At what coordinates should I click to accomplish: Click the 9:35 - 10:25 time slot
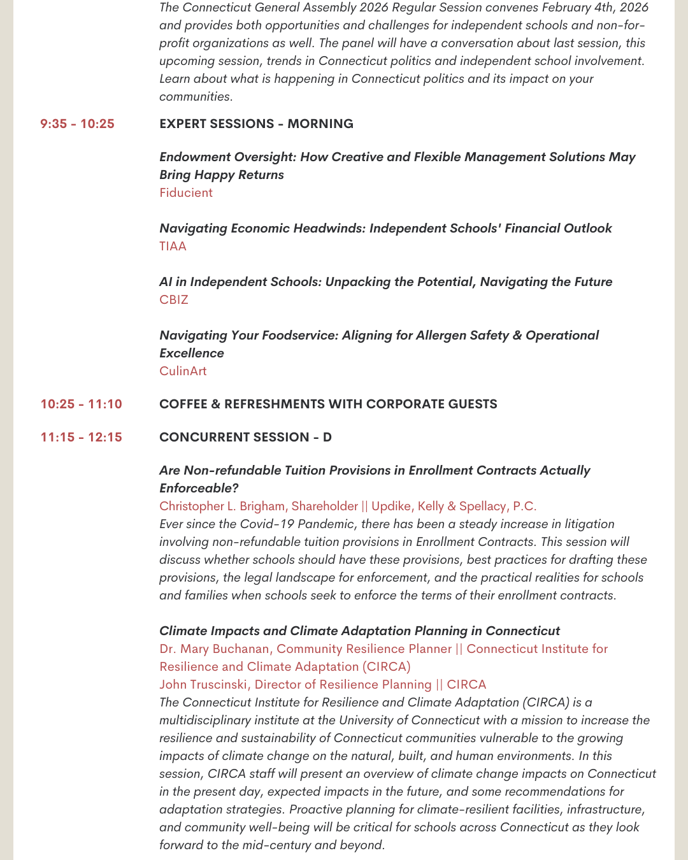click(77, 124)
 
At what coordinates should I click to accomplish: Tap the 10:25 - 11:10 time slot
click(81, 404)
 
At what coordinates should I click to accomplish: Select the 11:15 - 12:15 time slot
click(81, 437)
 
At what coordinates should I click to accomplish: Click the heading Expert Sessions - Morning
click(256, 124)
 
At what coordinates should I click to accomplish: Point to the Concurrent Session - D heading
click(245, 437)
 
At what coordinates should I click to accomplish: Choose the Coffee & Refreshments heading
click(328, 404)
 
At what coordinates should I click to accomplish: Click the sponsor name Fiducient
click(186, 192)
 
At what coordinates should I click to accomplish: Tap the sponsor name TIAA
click(173, 246)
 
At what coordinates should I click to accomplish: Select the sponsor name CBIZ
click(174, 299)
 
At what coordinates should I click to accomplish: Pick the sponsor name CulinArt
click(183, 371)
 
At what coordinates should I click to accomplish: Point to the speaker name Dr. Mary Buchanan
click(215, 649)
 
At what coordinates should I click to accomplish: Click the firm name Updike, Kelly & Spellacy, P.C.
click(454, 506)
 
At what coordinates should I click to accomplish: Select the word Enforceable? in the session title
click(199, 488)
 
